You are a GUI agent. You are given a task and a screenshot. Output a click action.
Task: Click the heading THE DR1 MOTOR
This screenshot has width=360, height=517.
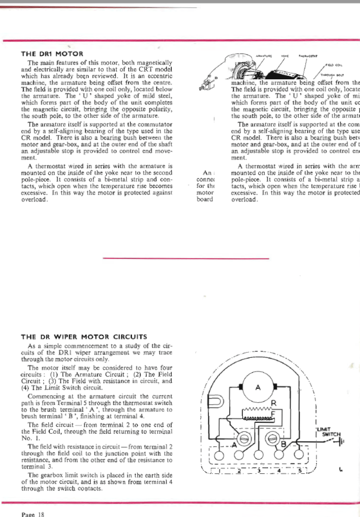(x=52, y=54)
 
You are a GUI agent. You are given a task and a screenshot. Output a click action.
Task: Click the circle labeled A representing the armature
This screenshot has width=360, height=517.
(x=258, y=387)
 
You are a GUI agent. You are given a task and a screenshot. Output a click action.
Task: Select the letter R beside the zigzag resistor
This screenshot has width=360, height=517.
(x=274, y=403)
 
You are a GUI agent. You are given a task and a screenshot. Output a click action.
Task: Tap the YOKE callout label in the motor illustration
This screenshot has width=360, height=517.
(x=285, y=56)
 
